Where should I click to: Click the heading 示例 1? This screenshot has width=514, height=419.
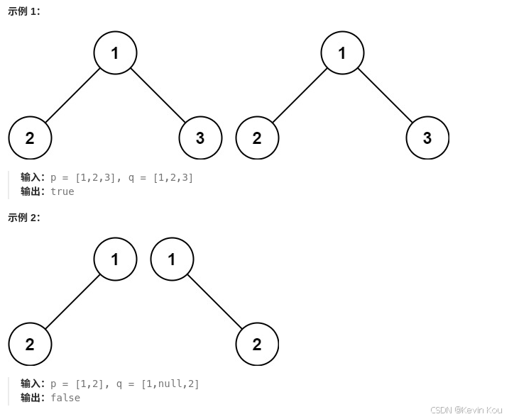(x=24, y=11)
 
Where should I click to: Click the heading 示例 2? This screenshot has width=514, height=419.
(x=24, y=218)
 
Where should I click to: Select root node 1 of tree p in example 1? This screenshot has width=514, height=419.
(x=115, y=53)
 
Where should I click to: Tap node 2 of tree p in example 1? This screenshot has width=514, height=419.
(x=30, y=138)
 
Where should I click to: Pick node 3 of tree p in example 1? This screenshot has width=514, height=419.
(x=200, y=138)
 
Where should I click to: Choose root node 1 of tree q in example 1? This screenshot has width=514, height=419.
(x=342, y=53)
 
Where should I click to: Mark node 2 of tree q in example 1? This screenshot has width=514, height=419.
(x=257, y=138)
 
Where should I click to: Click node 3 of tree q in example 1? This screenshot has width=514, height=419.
(x=427, y=138)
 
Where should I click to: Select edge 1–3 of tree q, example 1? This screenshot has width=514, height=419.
(x=385, y=96)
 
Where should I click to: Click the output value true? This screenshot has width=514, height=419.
(x=62, y=191)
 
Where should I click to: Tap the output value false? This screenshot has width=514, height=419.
(x=65, y=398)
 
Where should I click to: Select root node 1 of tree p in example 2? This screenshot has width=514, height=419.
(x=115, y=259)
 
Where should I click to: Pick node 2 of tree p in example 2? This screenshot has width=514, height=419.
(x=30, y=345)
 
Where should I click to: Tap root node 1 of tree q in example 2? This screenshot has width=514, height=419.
(x=172, y=259)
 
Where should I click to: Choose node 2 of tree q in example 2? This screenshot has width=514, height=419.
(x=257, y=345)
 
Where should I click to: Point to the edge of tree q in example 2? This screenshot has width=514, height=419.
(x=214, y=302)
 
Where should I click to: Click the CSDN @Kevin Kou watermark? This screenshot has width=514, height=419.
(x=466, y=410)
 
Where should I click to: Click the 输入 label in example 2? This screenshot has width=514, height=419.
(x=32, y=384)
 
